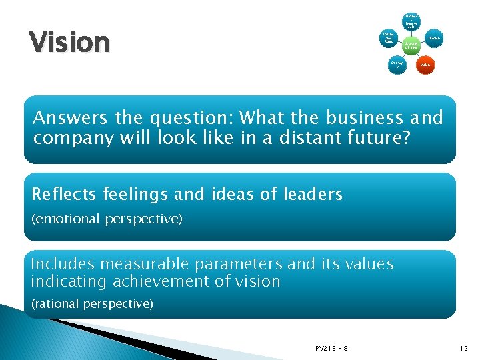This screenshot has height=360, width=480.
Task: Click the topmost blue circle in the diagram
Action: pyautogui.click(x=411, y=18)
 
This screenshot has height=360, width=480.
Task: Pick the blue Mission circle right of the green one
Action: pyautogui.click(x=435, y=39)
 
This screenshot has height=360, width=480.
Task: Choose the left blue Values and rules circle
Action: pyautogui.click(x=387, y=39)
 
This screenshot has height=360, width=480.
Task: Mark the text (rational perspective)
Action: pyautogui.click(x=92, y=303)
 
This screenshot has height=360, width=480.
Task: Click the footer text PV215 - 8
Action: pyautogui.click(x=332, y=348)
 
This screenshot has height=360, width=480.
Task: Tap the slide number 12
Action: pyautogui.click(x=464, y=348)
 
